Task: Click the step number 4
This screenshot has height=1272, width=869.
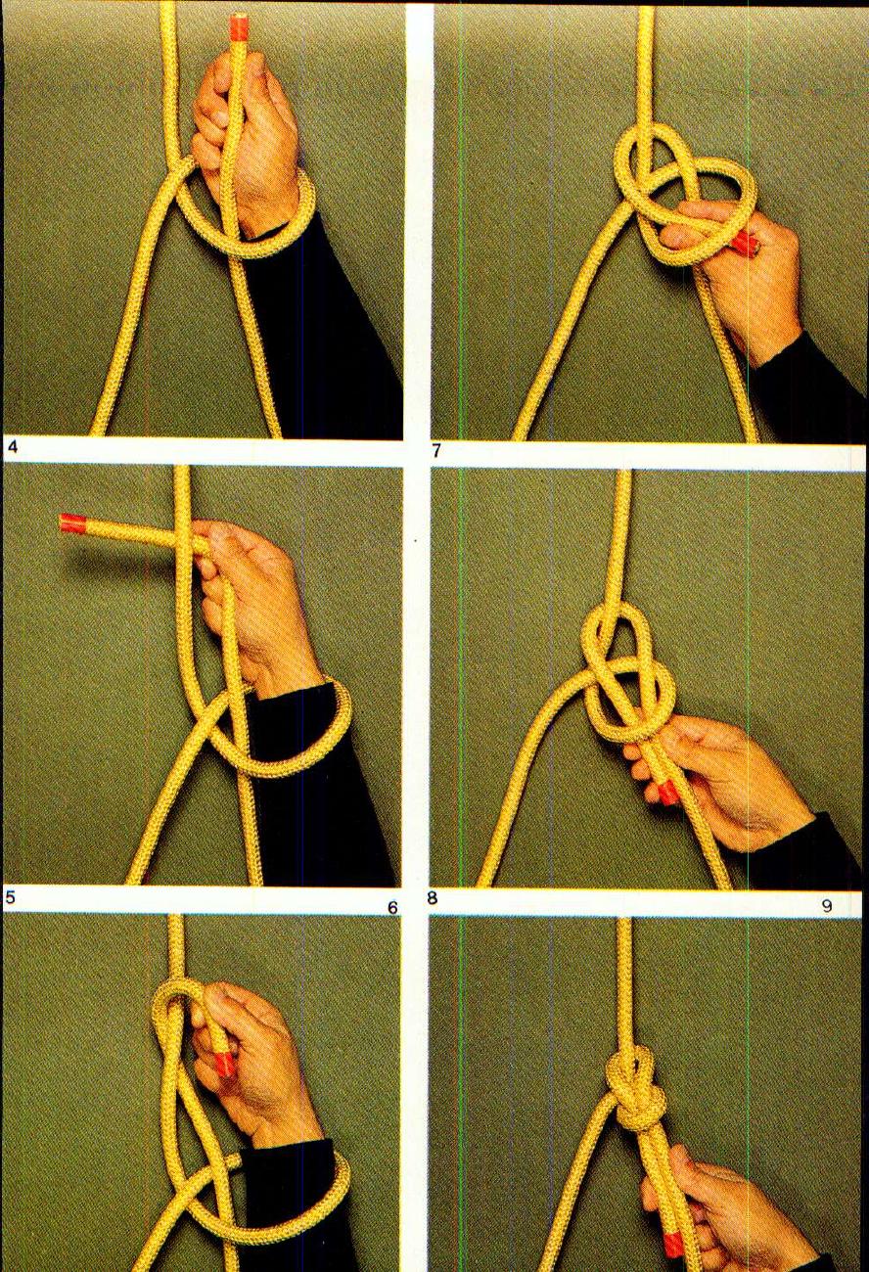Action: click(12, 448)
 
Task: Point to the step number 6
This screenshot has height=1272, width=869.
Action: click(392, 907)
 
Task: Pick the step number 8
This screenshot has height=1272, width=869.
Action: click(433, 897)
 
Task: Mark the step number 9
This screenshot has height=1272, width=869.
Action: click(827, 906)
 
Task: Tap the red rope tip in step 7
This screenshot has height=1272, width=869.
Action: click(745, 243)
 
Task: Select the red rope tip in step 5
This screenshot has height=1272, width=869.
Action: click(73, 523)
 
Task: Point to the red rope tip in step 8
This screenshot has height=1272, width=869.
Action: click(667, 791)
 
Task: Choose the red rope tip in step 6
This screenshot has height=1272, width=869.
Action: click(224, 1062)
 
